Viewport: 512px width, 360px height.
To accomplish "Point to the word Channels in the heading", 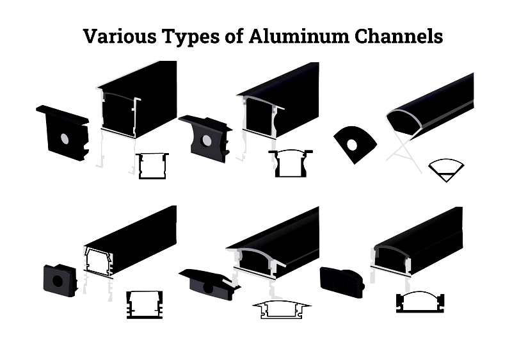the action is (399, 36).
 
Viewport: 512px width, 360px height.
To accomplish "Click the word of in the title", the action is (234, 36).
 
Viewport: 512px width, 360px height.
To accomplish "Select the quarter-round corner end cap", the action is (355, 144).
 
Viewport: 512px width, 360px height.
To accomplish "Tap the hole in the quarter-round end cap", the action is (352, 145).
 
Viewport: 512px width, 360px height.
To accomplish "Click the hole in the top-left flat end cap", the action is (65, 139).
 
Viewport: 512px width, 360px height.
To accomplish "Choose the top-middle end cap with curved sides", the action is (205, 138).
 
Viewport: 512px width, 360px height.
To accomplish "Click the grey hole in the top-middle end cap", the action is (206, 140).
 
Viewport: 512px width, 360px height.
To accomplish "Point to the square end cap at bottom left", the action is (60, 281).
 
